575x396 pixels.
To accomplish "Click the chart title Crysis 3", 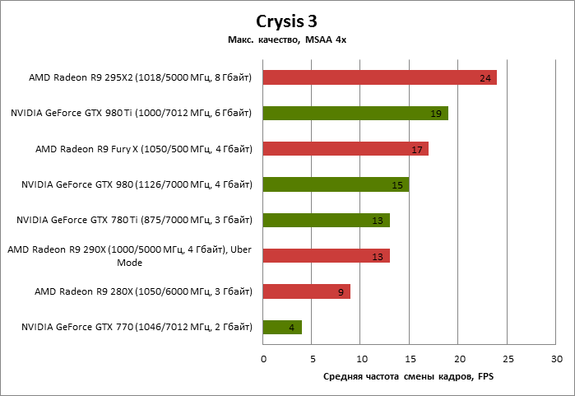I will (x=287, y=22).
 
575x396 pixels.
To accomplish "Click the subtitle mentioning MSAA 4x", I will (x=287, y=40).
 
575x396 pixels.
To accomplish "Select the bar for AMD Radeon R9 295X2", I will (x=379, y=77).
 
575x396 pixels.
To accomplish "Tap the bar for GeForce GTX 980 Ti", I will (x=355, y=113).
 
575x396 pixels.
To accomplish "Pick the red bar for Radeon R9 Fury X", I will (x=345, y=149).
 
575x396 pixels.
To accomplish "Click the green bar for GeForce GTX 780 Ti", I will (x=326, y=220).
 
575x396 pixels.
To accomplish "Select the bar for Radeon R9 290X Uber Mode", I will (x=326, y=256).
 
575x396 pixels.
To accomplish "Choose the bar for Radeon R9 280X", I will (x=306, y=291).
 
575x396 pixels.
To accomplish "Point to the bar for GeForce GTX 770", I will (x=282, y=328).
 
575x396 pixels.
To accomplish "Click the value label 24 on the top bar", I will (x=485, y=78).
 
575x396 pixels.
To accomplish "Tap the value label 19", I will (x=436, y=114).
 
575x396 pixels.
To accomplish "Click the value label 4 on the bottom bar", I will (x=292, y=328).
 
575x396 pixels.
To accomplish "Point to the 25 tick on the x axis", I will (x=508, y=360).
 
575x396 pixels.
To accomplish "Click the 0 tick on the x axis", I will (x=263, y=360).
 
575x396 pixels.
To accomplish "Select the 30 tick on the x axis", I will (x=557, y=360).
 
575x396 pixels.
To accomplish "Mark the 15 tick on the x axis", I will (x=410, y=360).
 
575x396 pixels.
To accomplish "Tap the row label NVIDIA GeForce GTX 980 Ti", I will (x=131, y=113).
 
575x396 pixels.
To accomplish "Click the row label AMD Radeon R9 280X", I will (x=142, y=291).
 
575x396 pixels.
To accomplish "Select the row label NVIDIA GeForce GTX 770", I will (x=136, y=328).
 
